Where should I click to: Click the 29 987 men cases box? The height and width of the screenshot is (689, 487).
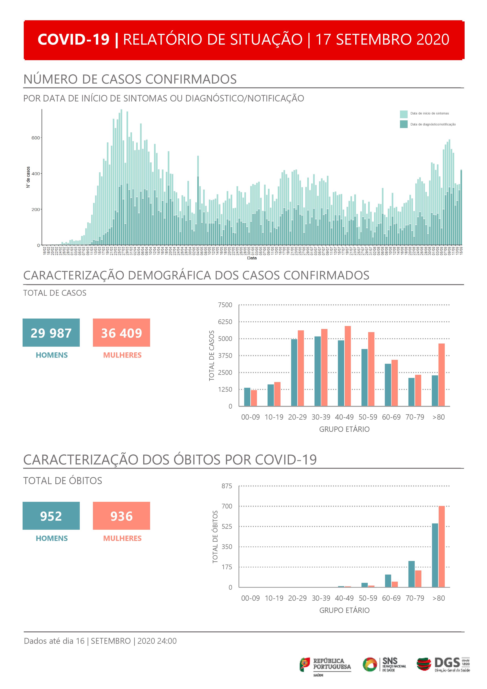[x=51, y=333]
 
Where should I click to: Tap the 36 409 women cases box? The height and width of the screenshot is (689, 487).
[x=121, y=333]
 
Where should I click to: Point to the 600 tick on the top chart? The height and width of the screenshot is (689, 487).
[x=36, y=138]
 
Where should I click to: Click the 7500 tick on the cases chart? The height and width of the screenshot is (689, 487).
[x=225, y=305]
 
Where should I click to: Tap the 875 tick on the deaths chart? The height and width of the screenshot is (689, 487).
[x=227, y=486]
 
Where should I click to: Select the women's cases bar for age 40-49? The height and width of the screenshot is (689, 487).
[x=348, y=366]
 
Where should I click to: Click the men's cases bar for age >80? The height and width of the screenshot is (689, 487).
[x=435, y=391]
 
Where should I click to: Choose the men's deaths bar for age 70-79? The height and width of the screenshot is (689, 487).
[x=411, y=574]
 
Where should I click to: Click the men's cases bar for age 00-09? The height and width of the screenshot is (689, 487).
[x=247, y=397]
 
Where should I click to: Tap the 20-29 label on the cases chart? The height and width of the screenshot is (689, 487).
[x=297, y=417]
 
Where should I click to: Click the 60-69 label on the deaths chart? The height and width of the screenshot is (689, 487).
[x=391, y=598]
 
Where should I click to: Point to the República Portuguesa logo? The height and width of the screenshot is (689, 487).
[x=325, y=665]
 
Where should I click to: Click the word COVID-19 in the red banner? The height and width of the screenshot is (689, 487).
[x=73, y=40]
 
